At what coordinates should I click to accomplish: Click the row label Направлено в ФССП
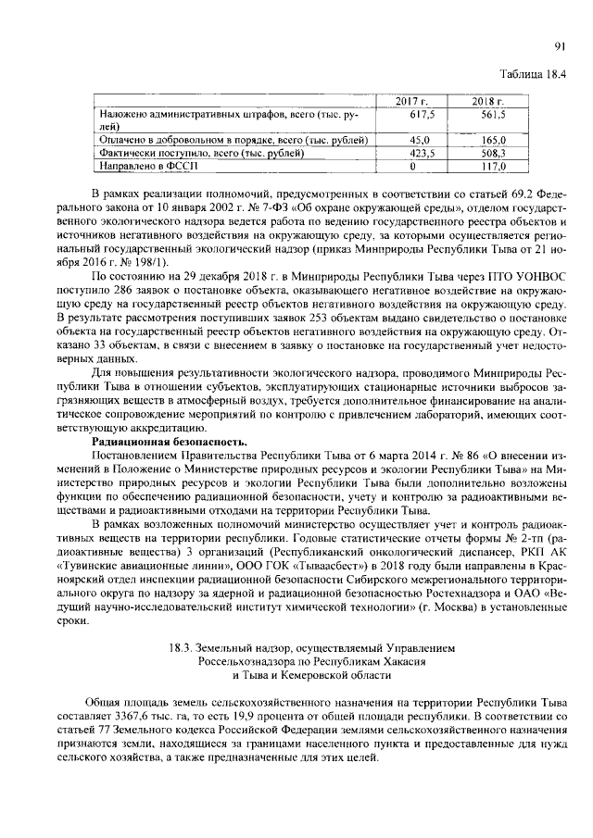coord(148,167)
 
